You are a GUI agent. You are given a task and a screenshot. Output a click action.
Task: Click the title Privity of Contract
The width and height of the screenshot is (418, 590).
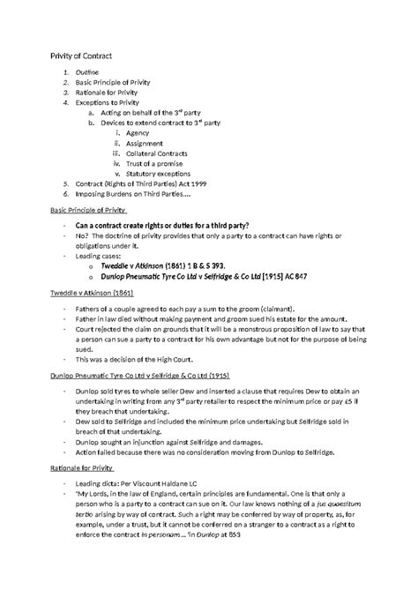click(78, 56)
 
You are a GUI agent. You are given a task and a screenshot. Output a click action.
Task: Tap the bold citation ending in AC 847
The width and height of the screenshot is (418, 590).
click(204, 276)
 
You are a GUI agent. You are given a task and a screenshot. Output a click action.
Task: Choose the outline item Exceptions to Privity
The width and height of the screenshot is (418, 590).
click(108, 101)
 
